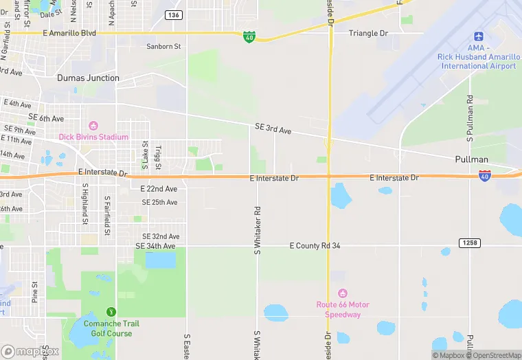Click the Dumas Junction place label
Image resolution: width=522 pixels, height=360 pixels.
pyautogui.click(x=88, y=78)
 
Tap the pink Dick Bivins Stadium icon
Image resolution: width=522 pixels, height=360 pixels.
pyautogui.click(x=93, y=126)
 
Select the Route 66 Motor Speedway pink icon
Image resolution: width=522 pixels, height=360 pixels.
pyautogui.click(x=343, y=293)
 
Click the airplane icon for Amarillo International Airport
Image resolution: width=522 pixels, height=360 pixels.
pyautogui.click(x=478, y=37)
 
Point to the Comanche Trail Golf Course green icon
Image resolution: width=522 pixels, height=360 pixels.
pyautogui.click(x=111, y=313)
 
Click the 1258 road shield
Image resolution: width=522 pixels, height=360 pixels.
pyautogui.click(x=470, y=243)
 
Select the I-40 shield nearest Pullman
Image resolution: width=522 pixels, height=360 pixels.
pyautogui.click(x=485, y=175)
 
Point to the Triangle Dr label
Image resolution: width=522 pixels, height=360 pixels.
pyautogui.click(x=368, y=33)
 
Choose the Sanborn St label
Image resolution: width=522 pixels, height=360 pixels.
pyautogui.click(x=163, y=47)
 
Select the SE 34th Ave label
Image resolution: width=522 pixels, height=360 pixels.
pyautogui.click(x=155, y=246)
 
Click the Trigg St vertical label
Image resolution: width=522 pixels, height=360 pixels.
pyautogui.click(x=157, y=157)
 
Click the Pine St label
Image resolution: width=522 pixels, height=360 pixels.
pyautogui.click(x=34, y=291)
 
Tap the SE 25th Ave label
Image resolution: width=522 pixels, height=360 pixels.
pyautogui.click(x=159, y=203)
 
